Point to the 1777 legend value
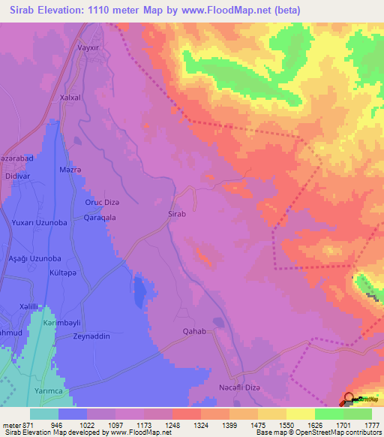tap(370, 424)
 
